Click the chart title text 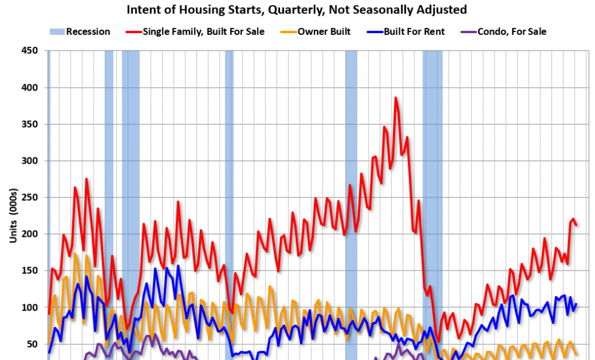pos(296,10)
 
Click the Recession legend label pos(88,31)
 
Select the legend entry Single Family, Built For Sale pos(203,31)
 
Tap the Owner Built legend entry pos(324,31)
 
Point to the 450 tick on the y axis pos(30,51)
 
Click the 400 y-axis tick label pos(30,88)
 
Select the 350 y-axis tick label pos(30,124)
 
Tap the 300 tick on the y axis pos(30,161)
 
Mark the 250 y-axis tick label pos(30,197)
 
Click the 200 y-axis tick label pos(30,234)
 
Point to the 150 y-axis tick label pos(30,271)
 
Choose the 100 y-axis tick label pos(30,307)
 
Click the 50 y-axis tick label pos(32,344)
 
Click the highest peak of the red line pos(396,98)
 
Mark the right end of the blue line pos(576,304)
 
